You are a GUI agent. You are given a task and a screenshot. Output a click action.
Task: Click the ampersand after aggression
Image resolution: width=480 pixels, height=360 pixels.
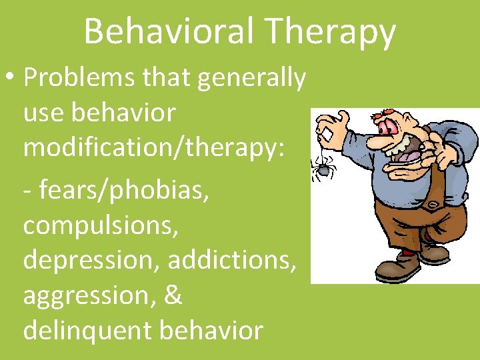[172, 295]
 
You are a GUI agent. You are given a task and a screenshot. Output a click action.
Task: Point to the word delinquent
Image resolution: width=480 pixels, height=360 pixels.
[85, 329]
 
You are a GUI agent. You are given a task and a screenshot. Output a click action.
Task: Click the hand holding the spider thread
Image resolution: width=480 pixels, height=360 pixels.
[333, 126]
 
